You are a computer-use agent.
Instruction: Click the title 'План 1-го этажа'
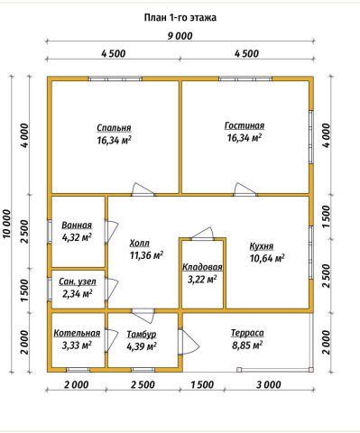point(180,18)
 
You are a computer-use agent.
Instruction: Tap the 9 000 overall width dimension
point(180,36)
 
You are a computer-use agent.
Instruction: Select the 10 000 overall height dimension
point(7,224)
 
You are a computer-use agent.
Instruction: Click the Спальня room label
point(114,128)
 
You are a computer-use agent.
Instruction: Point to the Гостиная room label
point(245,125)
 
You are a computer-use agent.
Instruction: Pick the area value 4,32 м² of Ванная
point(77,237)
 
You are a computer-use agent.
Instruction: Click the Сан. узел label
point(78,281)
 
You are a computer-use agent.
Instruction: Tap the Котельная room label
point(77,333)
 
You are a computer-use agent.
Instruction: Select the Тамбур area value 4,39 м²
point(142,346)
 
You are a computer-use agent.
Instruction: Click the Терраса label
point(247,333)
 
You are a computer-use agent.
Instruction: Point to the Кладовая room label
point(202,267)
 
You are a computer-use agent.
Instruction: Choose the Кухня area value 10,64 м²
point(267,258)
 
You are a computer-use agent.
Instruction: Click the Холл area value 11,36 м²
point(146,255)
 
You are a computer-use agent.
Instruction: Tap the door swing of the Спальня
point(143,189)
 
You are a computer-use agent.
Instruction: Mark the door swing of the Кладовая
point(203,234)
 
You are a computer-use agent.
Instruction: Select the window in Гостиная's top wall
point(245,78)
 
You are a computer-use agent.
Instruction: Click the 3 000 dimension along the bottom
point(269,384)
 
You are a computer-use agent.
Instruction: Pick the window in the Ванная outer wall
point(50,232)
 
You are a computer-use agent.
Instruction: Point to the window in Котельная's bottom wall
point(78,370)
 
